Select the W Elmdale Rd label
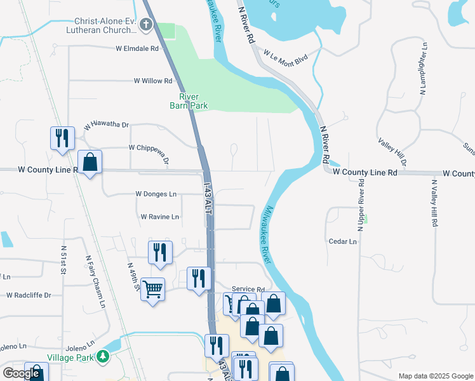coord(137,48)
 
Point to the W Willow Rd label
coord(153,81)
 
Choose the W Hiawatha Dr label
coord(106,126)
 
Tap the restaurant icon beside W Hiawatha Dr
coord(62,138)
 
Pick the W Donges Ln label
coord(156,194)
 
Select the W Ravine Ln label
coord(160,217)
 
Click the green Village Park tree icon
coord(102,358)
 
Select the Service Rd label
coord(248,288)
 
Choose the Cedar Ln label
coord(343,241)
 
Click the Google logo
coord(21,373)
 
